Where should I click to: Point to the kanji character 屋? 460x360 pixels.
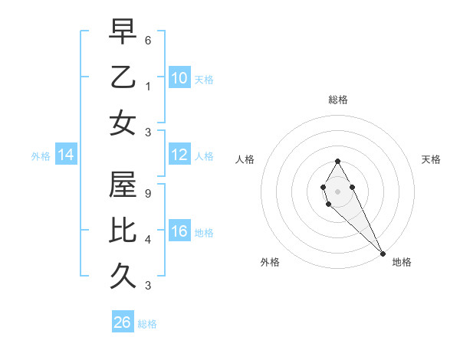tap(123, 185)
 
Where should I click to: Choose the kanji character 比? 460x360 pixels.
tap(123, 232)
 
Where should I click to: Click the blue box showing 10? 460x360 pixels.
tap(179, 78)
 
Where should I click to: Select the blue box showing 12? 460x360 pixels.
tap(179, 155)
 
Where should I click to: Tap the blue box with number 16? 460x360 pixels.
tap(179, 231)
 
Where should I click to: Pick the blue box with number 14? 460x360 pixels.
tap(66, 155)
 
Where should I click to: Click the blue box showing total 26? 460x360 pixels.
tap(122, 322)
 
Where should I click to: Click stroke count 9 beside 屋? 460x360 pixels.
tap(148, 194)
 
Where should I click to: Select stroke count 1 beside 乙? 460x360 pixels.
tap(148, 86)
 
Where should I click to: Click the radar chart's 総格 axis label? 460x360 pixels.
tap(337, 100)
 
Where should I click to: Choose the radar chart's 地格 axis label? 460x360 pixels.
tap(402, 262)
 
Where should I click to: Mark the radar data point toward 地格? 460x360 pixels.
tap(383, 254)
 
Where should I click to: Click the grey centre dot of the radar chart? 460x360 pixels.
tap(337, 191)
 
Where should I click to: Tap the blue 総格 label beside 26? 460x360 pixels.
tap(147, 324)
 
